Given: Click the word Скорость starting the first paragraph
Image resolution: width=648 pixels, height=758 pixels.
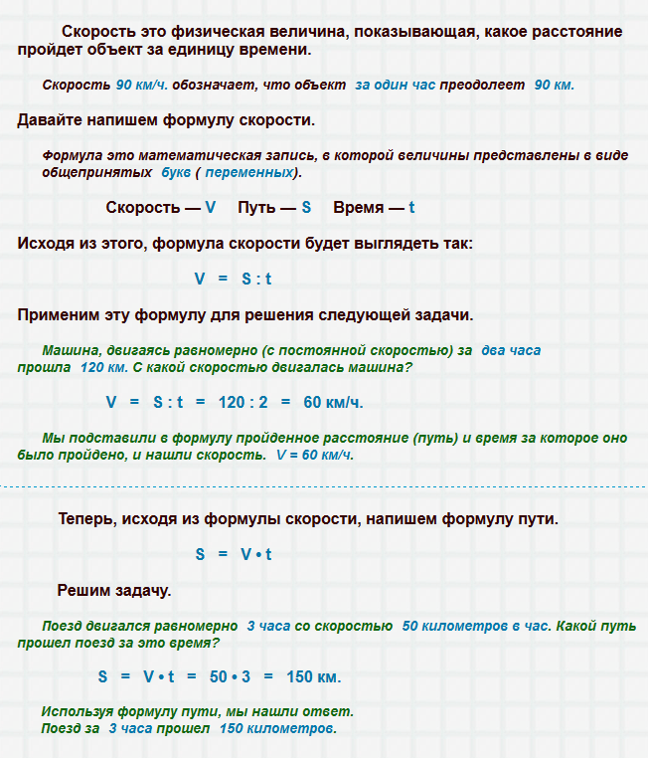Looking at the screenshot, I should pyautogui.click(x=97, y=32).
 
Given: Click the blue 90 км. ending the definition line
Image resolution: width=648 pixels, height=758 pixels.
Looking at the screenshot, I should pyautogui.click(x=554, y=86).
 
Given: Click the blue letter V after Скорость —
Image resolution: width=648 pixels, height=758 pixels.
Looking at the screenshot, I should pyautogui.click(x=210, y=208).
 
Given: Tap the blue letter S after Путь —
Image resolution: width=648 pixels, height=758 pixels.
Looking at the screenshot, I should pyautogui.click(x=306, y=208).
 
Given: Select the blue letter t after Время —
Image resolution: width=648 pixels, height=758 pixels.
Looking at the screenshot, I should pyautogui.click(x=411, y=208).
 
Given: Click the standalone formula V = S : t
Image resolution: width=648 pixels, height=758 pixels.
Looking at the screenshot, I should pyautogui.click(x=233, y=280).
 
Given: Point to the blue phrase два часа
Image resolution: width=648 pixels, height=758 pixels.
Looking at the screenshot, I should pyautogui.click(x=511, y=351).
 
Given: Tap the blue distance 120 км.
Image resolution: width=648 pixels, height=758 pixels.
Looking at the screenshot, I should pyautogui.click(x=103, y=367).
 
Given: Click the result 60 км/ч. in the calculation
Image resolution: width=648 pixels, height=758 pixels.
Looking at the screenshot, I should pyautogui.click(x=333, y=403).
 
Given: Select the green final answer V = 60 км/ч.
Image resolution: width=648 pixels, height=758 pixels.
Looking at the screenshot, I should pyautogui.click(x=315, y=455).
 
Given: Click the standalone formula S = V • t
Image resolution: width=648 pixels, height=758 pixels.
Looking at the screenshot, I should pyautogui.click(x=234, y=554).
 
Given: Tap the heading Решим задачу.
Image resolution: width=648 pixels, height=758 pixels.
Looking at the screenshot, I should pyautogui.click(x=114, y=590).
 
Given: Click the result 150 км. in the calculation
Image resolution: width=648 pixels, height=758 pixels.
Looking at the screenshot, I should pyautogui.click(x=313, y=677).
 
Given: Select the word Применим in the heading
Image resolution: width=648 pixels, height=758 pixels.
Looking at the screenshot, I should pyautogui.click(x=59, y=315).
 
